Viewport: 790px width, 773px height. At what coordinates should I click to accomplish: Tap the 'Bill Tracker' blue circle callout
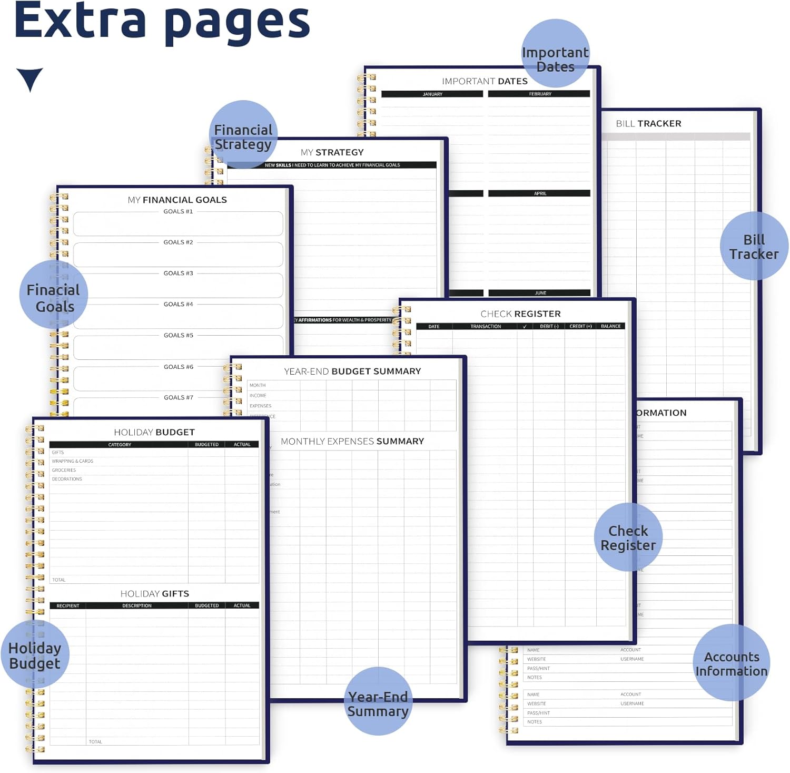coord(754,246)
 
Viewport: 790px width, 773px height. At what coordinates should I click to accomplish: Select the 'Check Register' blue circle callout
coord(628,537)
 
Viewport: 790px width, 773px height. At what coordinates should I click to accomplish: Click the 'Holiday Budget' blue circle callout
coord(35,654)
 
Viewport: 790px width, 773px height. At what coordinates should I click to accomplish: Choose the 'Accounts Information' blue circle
coord(732,663)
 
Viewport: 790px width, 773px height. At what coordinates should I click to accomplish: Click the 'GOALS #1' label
coord(178,211)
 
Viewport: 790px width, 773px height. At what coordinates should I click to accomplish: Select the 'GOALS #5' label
coord(178,335)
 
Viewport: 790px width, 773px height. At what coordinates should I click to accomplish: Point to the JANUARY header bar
coord(432,94)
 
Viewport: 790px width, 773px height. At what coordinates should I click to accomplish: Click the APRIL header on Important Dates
coord(540,193)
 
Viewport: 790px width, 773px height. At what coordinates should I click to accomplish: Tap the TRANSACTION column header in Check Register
coord(486,327)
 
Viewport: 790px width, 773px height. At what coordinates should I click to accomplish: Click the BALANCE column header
coord(610,327)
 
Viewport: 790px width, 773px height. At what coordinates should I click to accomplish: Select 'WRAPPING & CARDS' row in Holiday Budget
coord(73,461)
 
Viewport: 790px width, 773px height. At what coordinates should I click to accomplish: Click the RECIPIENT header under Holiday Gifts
coord(68,605)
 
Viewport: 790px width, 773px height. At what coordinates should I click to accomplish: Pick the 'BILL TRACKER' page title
coord(648,124)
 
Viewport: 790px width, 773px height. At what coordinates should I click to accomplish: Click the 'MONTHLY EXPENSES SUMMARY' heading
coord(352,442)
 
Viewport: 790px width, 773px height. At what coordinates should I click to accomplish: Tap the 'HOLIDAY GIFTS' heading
coord(154,594)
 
